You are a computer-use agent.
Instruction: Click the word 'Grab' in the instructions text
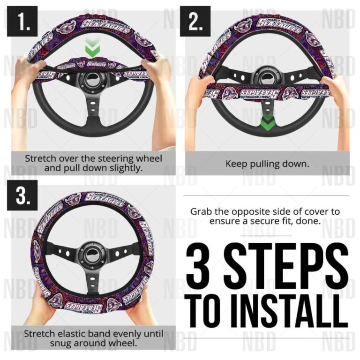click(201, 212)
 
